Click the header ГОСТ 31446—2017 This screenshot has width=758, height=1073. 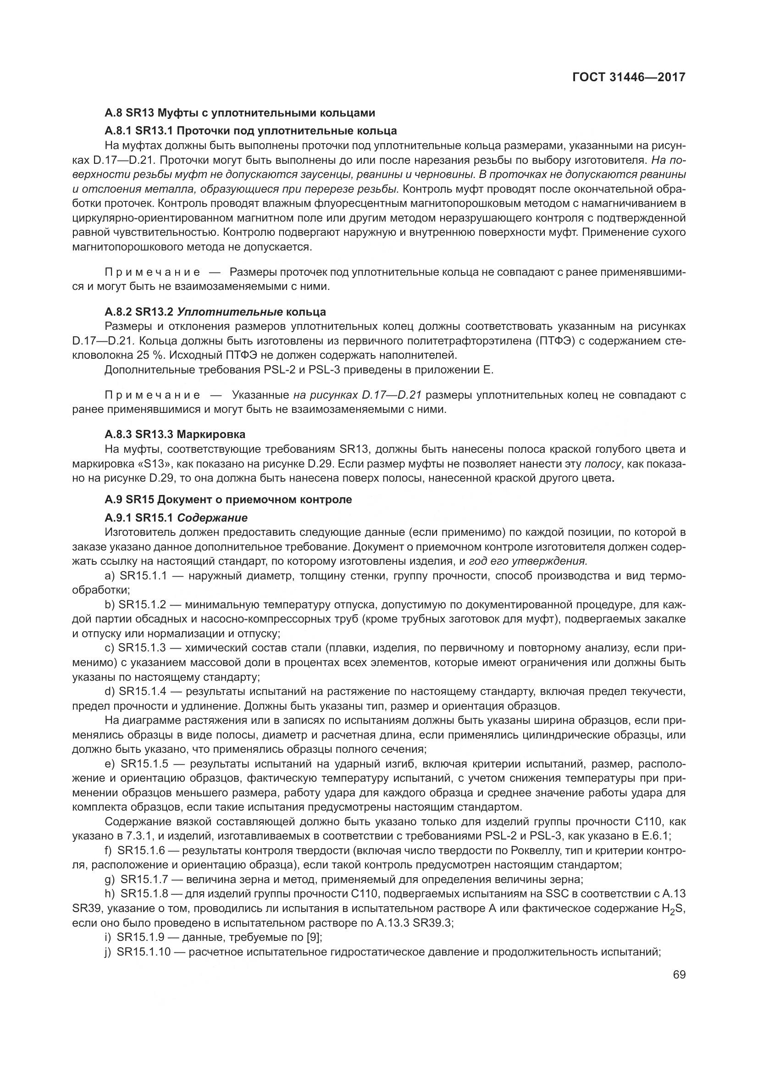(628, 77)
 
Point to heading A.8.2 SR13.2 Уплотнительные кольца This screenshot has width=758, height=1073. (216, 311)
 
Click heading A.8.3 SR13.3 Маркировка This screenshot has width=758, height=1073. (175, 434)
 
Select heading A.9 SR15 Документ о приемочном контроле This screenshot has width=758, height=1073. (228, 500)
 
